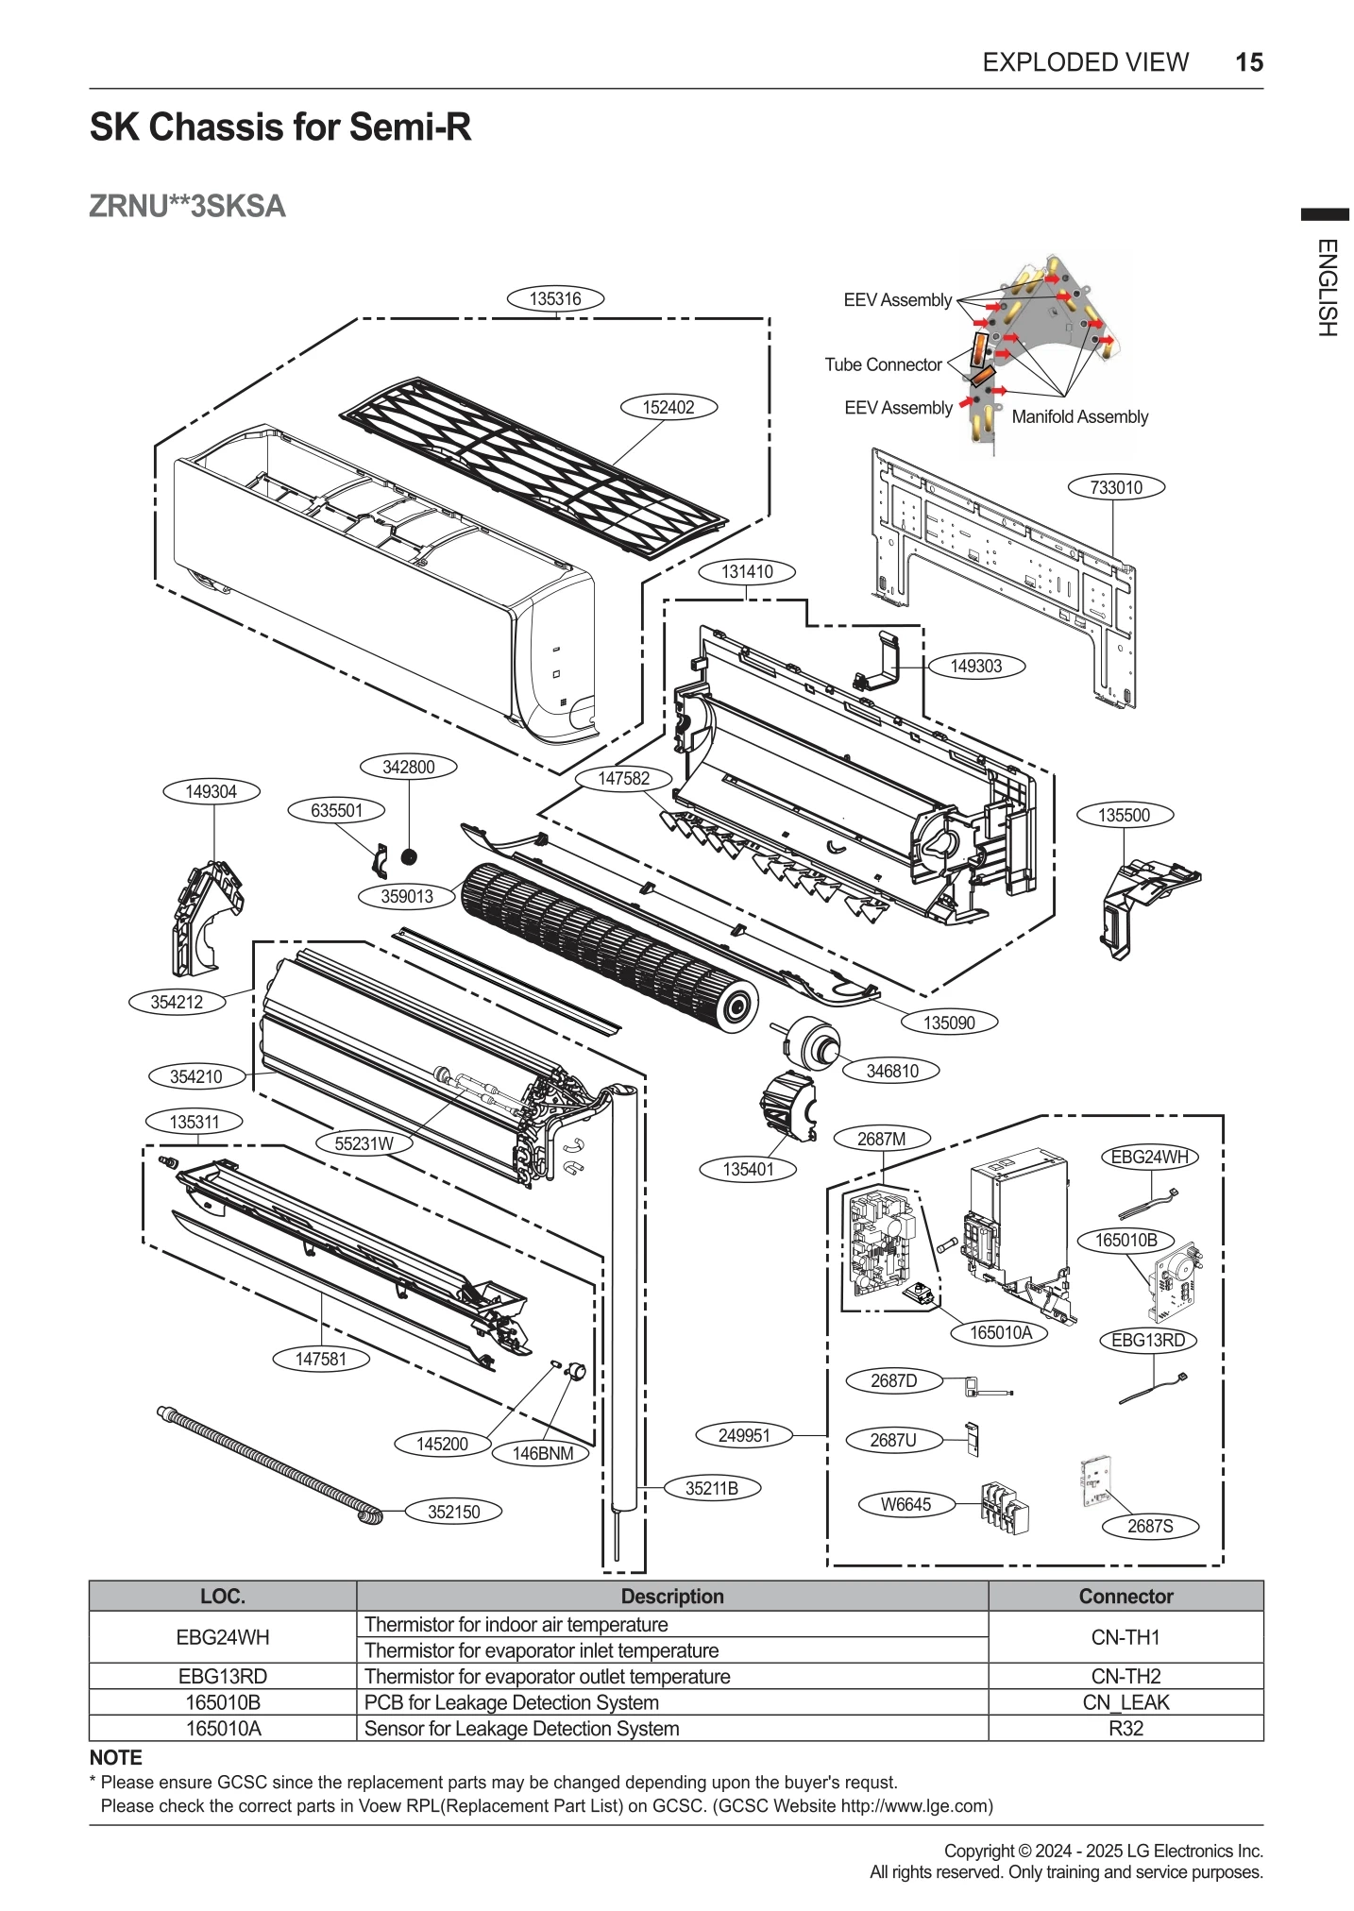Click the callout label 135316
(x=555, y=298)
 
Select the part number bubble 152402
(x=669, y=407)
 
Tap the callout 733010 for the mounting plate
(x=1116, y=487)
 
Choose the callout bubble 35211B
(x=711, y=1489)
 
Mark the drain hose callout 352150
(x=453, y=1512)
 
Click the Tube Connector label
(x=883, y=364)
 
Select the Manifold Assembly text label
(x=1079, y=416)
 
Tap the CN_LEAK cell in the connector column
(x=1126, y=1702)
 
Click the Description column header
(x=672, y=1597)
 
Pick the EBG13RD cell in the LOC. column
(x=223, y=1676)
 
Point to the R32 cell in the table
(x=1126, y=1729)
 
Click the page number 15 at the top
(x=1248, y=62)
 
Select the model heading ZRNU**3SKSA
(x=187, y=206)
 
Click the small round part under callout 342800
(x=409, y=856)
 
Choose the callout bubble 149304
(x=211, y=791)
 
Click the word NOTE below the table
(x=115, y=1758)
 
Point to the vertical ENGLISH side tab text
(x=1327, y=287)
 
